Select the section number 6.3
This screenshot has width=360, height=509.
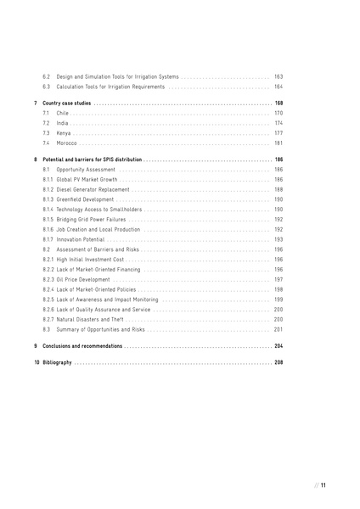(47, 87)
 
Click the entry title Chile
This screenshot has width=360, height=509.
(62, 113)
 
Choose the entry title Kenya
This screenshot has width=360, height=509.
(64, 133)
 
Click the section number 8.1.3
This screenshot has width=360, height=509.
(48, 199)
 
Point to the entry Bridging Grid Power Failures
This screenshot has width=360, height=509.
(93, 219)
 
